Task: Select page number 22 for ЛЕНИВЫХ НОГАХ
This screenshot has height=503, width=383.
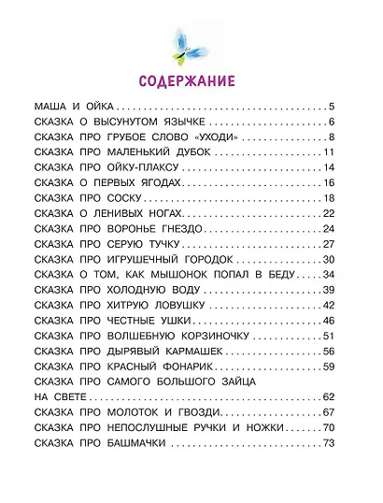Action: pos(341,218)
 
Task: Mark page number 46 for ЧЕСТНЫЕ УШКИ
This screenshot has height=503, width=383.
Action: pos(341,322)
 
